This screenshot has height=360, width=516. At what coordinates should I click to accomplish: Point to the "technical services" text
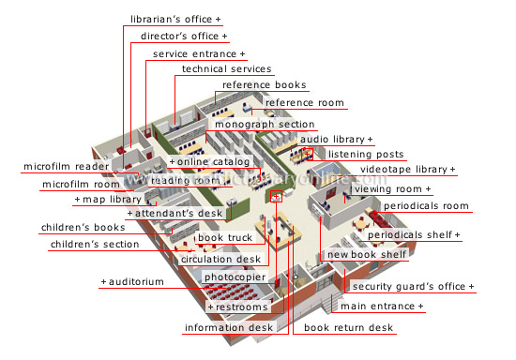coord(226,69)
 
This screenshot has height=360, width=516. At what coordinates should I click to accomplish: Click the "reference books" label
coord(264,85)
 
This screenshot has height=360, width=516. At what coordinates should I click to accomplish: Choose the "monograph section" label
coord(265,124)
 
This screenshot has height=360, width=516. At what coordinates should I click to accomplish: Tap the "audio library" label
coord(334,140)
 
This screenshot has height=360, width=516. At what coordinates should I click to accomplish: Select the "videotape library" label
coord(406,170)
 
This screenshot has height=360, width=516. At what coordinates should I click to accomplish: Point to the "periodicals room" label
coord(425,205)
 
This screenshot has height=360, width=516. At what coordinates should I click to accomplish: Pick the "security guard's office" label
coord(411,286)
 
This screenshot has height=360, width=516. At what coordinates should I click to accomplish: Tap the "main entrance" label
coord(381,307)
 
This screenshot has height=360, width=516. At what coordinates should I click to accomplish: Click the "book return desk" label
coord(348,328)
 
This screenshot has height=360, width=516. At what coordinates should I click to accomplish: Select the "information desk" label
coord(228,328)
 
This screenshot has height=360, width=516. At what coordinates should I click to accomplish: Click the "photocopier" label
coord(235,277)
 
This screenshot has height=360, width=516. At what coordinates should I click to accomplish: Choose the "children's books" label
coord(83,228)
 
